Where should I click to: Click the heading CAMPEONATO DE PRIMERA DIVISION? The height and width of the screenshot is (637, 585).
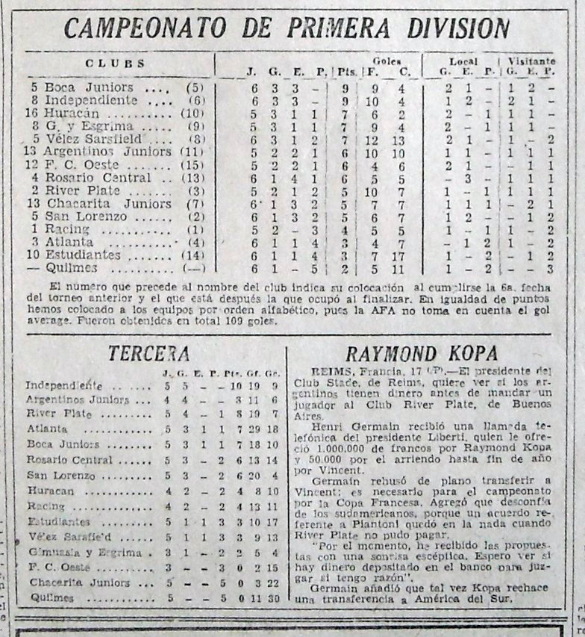287,28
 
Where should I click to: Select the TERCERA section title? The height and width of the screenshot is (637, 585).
148,353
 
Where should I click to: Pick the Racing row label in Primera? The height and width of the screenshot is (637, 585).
68,229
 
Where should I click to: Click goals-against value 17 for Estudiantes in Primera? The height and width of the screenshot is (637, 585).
400,255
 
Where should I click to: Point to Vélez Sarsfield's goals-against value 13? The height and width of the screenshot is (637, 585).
400,139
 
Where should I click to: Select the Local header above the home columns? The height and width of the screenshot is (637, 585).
463,60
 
